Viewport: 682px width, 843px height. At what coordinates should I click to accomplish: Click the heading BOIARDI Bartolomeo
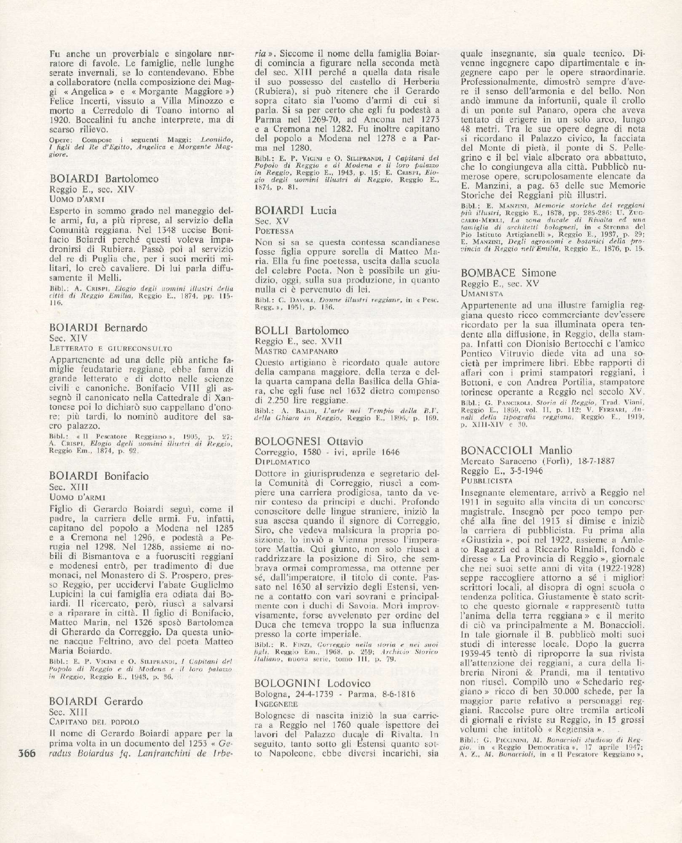pos(104,178)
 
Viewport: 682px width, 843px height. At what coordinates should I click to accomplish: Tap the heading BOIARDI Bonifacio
pos(99,476)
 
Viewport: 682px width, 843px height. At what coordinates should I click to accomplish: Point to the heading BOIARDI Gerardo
pos(96,701)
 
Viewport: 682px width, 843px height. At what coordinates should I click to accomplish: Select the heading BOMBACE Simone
pos(509,273)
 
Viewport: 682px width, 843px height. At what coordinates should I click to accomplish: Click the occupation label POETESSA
pos(274,231)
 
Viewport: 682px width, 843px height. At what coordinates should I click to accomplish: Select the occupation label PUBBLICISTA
pos(487,480)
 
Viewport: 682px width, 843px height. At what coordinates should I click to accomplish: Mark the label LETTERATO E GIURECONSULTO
pos(111,348)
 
